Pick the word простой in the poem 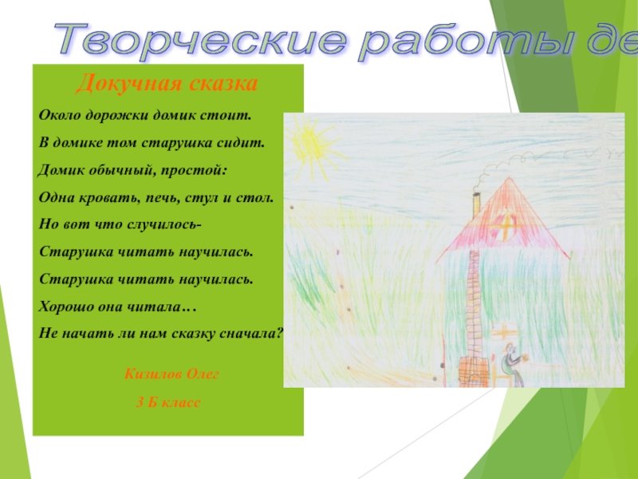pyautogui.click(x=193, y=170)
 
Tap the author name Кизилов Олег pyautogui.click(x=171, y=374)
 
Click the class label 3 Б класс pyautogui.click(x=168, y=402)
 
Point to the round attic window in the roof pyautogui.click(x=505, y=226)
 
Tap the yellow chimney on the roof pyautogui.click(x=476, y=205)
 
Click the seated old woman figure pyautogui.click(x=511, y=365)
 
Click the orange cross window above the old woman pyautogui.click(x=504, y=331)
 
